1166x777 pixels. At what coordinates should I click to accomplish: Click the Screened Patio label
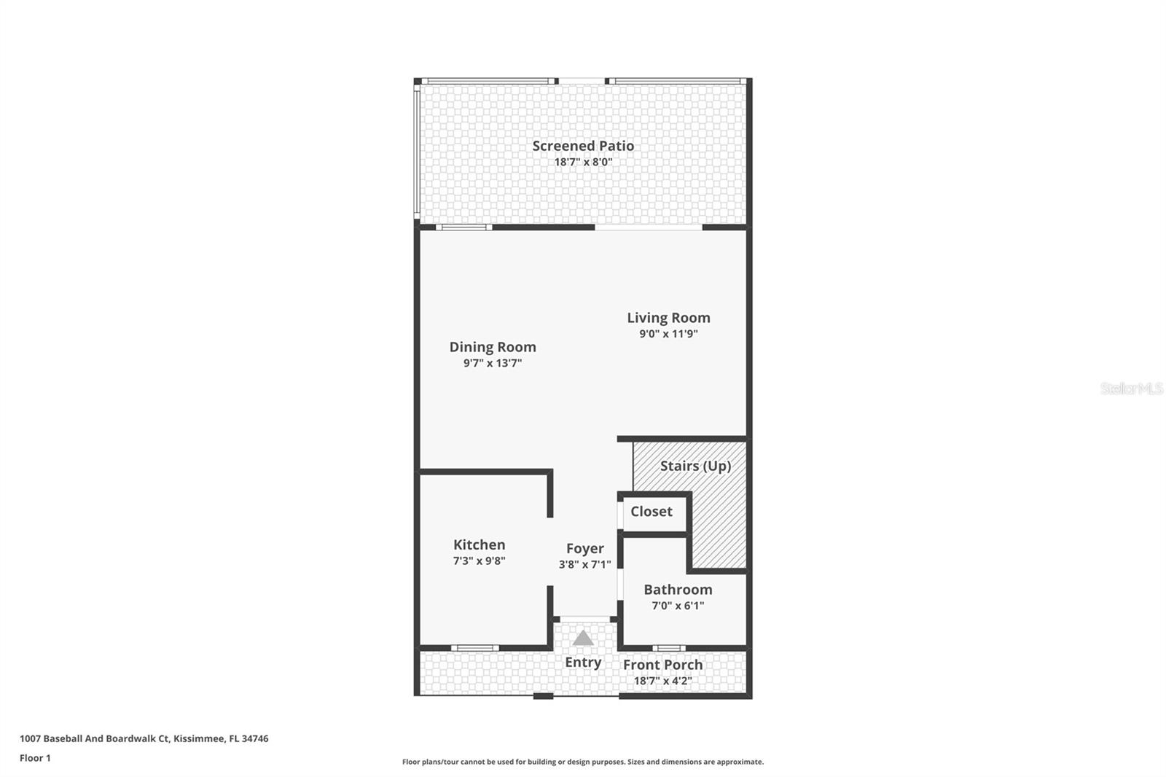click(x=583, y=146)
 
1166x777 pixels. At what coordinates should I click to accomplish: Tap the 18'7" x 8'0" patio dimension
click(x=583, y=162)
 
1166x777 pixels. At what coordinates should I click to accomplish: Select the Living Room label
click(x=668, y=318)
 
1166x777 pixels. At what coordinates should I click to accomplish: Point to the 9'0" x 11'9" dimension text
click(x=668, y=334)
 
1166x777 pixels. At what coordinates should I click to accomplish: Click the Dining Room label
click(x=493, y=347)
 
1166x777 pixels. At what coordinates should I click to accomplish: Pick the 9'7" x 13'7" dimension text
click(x=493, y=363)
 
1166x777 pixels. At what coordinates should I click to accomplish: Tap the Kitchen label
click(x=479, y=544)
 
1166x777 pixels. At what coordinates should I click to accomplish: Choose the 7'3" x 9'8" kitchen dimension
click(x=479, y=561)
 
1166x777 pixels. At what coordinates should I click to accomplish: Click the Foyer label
click(x=584, y=548)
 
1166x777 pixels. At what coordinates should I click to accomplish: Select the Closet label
click(x=651, y=512)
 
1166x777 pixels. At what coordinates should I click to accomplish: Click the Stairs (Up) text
click(x=695, y=466)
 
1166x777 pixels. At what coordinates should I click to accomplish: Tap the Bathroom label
click(x=678, y=590)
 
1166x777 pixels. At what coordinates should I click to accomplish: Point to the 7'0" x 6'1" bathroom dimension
click(x=678, y=606)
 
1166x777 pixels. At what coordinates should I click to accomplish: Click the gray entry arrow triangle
click(x=583, y=639)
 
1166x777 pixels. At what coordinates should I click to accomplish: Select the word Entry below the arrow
click(x=583, y=662)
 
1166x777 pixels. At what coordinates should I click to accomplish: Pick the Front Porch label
click(x=662, y=665)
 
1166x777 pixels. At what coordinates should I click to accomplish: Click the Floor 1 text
click(x=35, y=758)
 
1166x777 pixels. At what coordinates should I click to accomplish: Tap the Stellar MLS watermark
click(x=1131, y=388)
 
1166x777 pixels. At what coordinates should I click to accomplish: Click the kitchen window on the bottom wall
click(x=474, y=648)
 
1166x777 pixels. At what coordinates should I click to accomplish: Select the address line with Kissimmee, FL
click(x=144, y=738)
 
